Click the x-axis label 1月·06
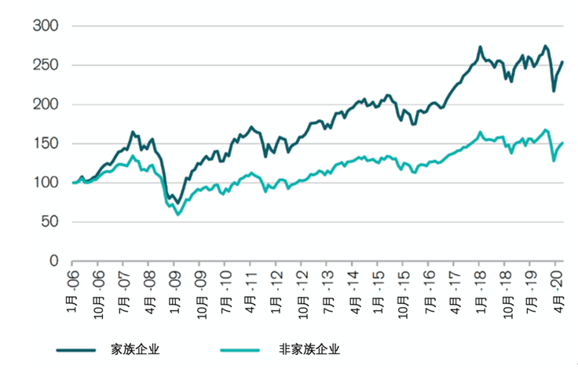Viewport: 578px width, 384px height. point(73,288)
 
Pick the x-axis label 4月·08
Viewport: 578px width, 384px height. point(149,288)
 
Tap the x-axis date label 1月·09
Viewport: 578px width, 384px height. point(174,288)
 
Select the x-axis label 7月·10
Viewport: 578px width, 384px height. point(225,288)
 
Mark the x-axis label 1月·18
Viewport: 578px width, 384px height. point(480,288)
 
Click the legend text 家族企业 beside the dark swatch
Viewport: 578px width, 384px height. point(138,350)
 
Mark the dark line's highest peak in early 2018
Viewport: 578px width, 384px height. point(479,47)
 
